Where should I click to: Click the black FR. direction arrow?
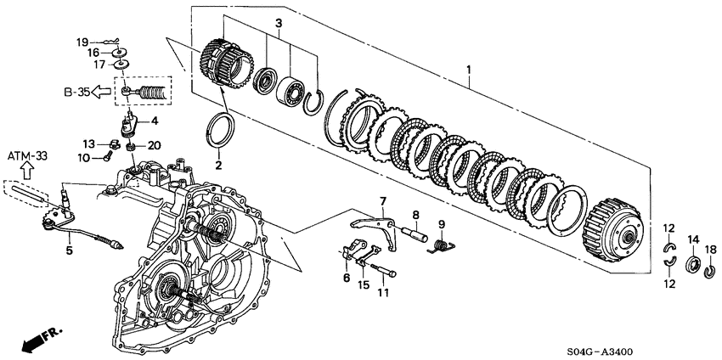coord(31,341)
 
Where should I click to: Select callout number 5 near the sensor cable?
coord(70,250)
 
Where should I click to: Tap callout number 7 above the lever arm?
coord(382,201)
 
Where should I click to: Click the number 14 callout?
coord(692,239)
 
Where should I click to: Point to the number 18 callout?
coord(710,250)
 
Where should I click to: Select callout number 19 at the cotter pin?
coord(82,41)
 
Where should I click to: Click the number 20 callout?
coord(153,144)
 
